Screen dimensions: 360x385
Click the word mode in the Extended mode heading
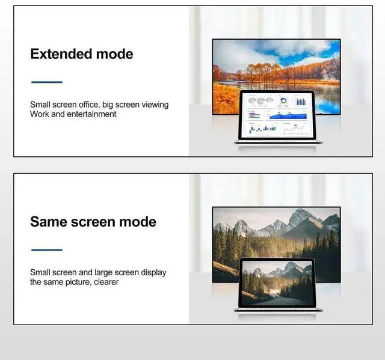[x=117, y=54]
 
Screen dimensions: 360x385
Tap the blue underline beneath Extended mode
[x=46, y=82]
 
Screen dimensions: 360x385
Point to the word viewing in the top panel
[x=155, y=105]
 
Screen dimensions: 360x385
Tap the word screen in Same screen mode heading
[x=99, y=222]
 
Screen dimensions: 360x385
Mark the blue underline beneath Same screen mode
[x=46, y=249]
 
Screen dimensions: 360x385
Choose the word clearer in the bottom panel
[x=104, y=282]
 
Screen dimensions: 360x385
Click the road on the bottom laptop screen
[x=274, y=298]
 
